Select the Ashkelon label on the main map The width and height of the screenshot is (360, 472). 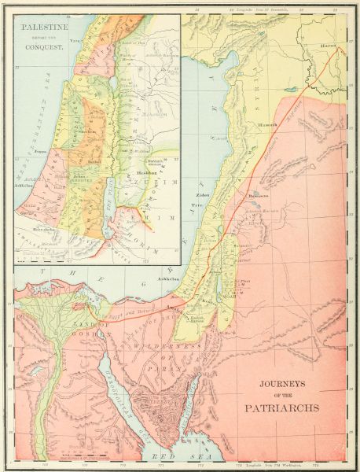pos(172,278)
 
